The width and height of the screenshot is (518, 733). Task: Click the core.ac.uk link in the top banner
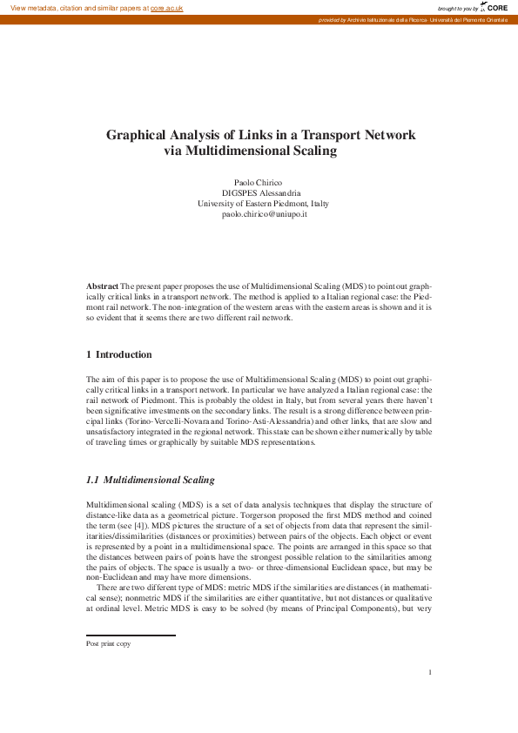tap(166, 7)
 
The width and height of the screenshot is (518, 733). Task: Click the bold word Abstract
tap(102, 286)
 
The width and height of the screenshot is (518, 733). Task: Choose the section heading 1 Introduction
tap(119, 354)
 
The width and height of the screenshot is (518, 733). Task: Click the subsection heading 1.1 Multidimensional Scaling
tap(150, 480)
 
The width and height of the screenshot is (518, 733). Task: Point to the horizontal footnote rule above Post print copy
tap(131, 635)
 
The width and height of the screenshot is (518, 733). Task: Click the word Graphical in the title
tap(139, 136)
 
